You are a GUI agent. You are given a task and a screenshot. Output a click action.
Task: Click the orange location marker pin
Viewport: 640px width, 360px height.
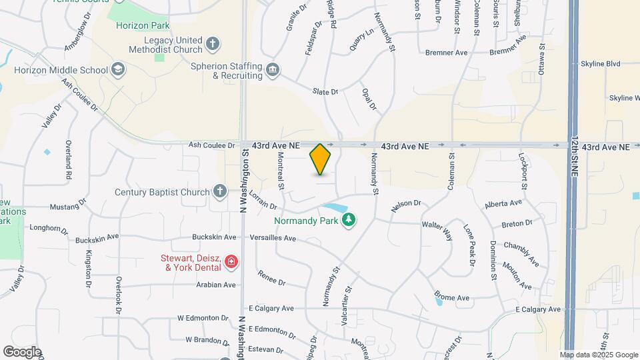pyautogui.click(x=321, y=159)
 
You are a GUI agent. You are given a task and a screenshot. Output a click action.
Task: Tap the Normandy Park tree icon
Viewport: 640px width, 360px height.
pyautogui.click(x=347, y=219)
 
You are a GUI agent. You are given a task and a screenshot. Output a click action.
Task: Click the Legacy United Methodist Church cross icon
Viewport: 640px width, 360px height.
pyautogui.click(x=213, y=44)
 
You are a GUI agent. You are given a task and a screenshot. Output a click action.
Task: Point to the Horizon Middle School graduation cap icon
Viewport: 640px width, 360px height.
pyautogui.click(x=118, y=69)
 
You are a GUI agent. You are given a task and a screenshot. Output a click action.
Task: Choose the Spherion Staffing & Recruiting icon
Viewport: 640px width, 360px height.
pyautogui.click(x=272, y=70)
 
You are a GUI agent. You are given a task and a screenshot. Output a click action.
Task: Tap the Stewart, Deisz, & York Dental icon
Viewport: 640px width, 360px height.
pyautogui.click(x=231, y=261)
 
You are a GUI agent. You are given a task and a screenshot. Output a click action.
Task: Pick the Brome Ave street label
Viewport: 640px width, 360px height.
pyautogui.click(x=452, y=296)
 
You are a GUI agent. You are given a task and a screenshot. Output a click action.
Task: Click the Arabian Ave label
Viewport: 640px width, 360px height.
pyautogui.click(x=215, y=285)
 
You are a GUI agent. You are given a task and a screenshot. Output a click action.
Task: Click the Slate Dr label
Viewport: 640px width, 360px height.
pyautogui.click(x=327, y=91)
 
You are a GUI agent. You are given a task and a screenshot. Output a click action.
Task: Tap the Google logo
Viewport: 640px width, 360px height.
pyautogui.click(x=22, y=352)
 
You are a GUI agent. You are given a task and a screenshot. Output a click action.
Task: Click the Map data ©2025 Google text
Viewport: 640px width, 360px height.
pyautogui.click(x=597, y=355)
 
